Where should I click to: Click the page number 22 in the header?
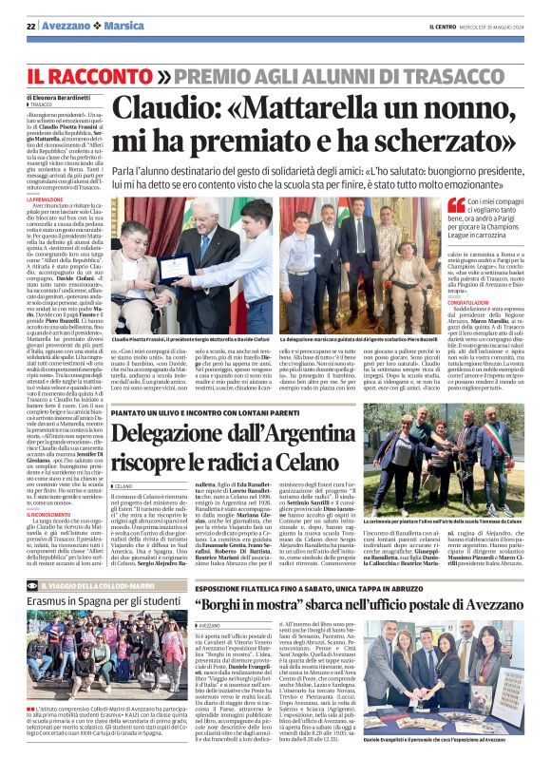[x=31, y=26]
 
